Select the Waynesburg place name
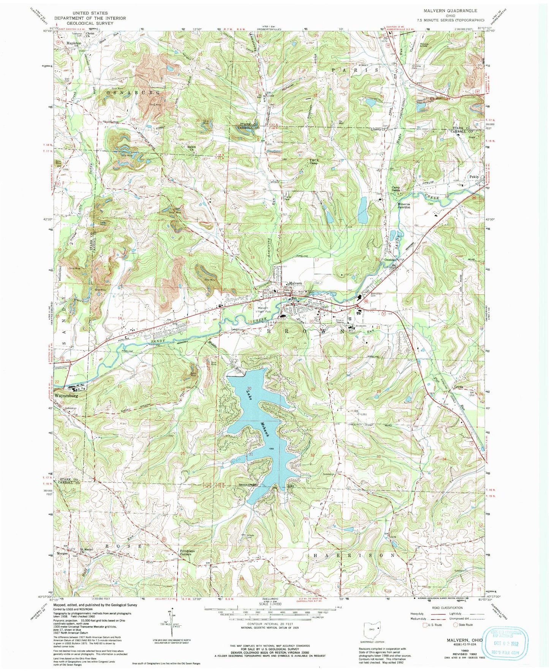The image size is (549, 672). (69, 395)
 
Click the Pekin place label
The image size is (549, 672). (474, 177)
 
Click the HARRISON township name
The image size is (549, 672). (354, 555)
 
